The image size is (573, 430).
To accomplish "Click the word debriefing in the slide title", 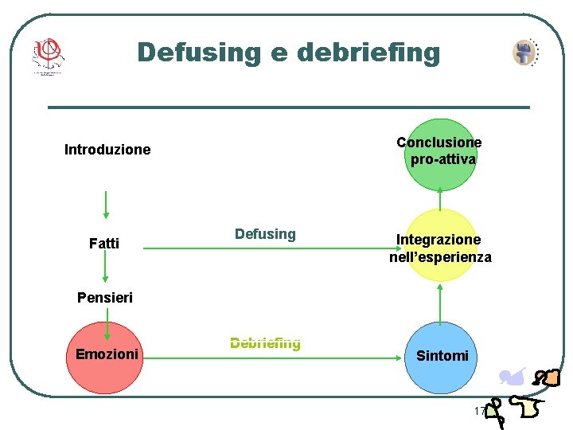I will pos(368,53).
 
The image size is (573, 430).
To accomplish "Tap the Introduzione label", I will pos(107,150).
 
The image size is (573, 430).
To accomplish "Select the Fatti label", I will pos(104,244).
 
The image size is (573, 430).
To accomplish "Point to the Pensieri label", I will pos(105,298).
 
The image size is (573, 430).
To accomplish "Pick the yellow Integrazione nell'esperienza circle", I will pos(440,246).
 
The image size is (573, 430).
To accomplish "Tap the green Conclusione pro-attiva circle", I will pos(439,154).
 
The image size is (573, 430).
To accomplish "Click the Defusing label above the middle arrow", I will pos(265,234).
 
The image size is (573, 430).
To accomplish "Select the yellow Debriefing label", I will pos(265,343).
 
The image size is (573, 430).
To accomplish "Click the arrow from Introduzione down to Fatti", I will pos(106,205).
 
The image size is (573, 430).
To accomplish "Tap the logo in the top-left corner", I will pos(47,56).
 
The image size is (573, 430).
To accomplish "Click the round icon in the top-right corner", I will pos(524,53).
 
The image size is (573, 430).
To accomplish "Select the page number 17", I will pos(479,412).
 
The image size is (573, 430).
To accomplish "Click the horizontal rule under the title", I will pos(288,107).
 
